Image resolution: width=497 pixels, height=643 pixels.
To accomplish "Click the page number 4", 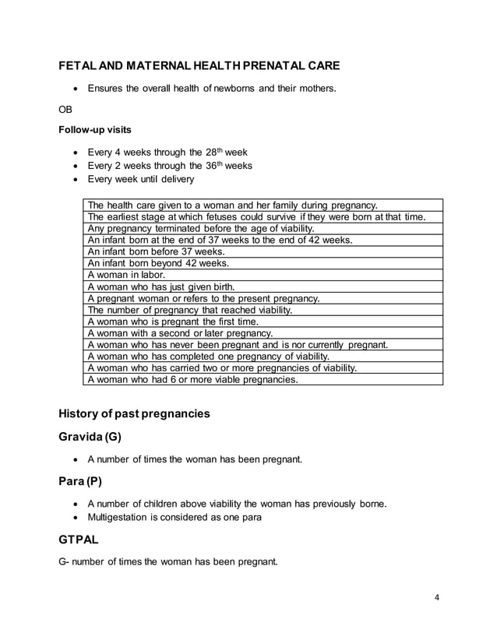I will point(437,598).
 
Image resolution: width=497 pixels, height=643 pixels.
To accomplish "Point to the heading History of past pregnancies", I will point(134,413).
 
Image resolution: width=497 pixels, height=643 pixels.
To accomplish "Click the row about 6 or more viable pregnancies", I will point(192,380).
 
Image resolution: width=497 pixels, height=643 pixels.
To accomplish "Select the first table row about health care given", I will point(233,205).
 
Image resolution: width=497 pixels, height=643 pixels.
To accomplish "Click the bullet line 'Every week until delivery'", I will point(141,180).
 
